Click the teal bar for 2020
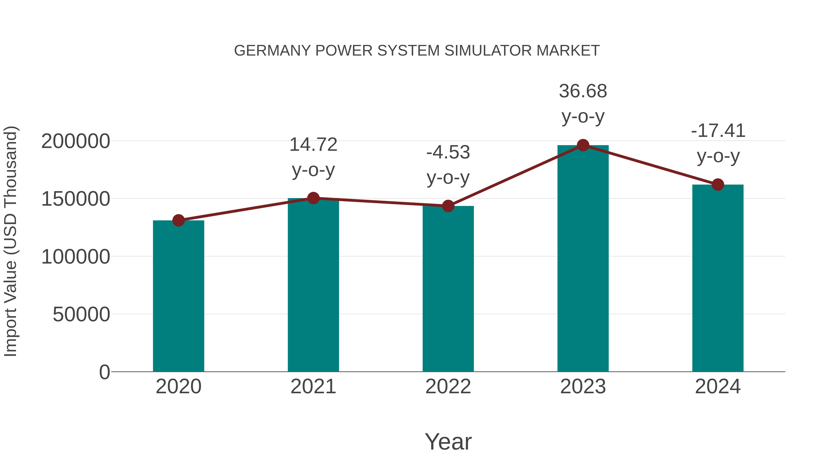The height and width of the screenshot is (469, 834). (178, 296)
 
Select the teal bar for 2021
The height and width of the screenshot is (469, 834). (313, 285)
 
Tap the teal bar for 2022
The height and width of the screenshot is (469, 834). (448, 289)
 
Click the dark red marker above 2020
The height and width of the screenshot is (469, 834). (178, 220)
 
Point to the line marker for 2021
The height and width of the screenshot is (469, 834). (313, 198)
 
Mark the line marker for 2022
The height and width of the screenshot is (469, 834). (448, 206)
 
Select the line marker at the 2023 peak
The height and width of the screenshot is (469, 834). (583, 145)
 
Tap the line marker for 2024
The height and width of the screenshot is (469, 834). (718, 185)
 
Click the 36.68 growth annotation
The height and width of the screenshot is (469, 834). (583, 91)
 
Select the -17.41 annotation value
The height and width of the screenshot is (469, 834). (718, 131)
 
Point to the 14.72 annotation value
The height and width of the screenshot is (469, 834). (313, 145)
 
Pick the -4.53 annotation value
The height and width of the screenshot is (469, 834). (448, 152)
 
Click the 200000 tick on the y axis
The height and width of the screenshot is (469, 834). (76, 142)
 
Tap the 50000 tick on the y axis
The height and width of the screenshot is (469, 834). (81, 314)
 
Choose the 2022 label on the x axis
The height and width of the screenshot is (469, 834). (448, 387)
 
